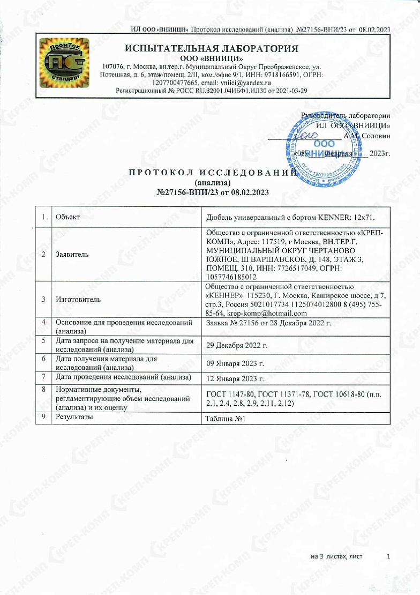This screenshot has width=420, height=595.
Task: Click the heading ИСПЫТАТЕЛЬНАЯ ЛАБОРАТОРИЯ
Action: pos(211,49)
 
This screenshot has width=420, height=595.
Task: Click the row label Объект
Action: pos(67,217)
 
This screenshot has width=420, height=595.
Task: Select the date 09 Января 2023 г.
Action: pos(236,363)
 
